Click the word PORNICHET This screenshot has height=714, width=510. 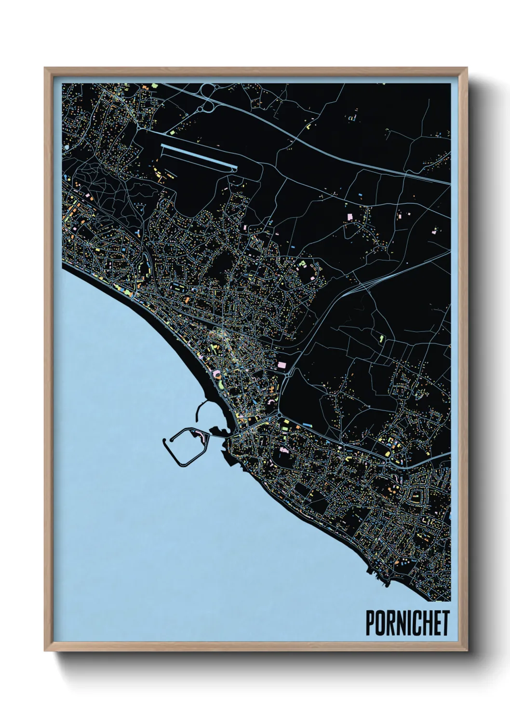(x=407, y=623)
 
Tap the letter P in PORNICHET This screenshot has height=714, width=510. (x=370, y=623)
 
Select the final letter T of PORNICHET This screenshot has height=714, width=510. (x=444, y=623)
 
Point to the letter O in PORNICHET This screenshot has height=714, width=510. (x=380, y=623)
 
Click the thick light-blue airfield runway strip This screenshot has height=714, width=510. (x=199, y=156)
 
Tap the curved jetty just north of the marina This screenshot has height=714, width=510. (x=199, y=410)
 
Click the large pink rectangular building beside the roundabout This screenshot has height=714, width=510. (x=282, y=366)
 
